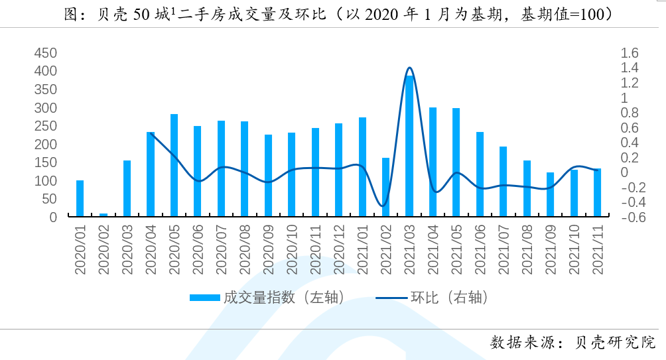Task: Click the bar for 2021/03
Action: pyautogui.click(x=409, y=146)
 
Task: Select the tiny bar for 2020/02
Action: pyautogui.click(x=103, y=215)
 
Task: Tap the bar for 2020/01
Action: pyautogui.click(x=80, y=198)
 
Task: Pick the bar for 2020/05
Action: pyautogui.click(x=174, y=166)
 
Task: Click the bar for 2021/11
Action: pyautogui.click(x=597, y=193)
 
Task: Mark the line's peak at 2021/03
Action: pyautogui.click(x=409, y=68)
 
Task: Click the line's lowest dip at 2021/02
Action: pyautogui.click(x=383, y=206)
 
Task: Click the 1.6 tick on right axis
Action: pyautogui.click(x=629, y=53)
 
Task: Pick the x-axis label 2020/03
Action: pyautogui.click(x=127, y=249)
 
